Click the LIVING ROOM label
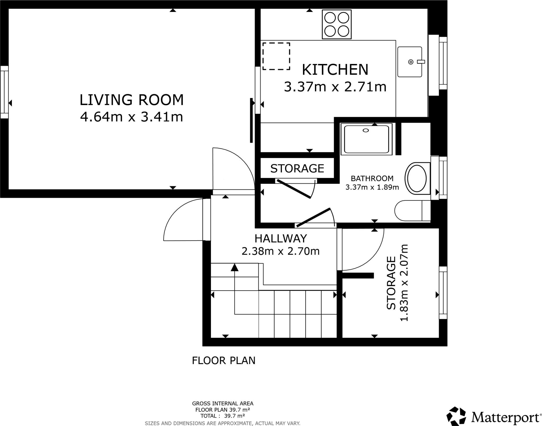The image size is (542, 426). (x=132, y=100)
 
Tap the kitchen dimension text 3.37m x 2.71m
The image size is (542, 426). (x=335, y=87)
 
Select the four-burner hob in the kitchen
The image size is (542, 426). (x=337, y=24)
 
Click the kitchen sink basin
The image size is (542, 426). (x=410, y=62)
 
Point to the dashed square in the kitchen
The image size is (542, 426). (x=276, y=56)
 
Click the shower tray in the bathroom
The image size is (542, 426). (x=366, y=139)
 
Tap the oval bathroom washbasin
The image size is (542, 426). (x=417, y=178)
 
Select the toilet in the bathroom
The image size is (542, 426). (x=412, y=210)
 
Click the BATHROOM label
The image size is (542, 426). (x=372, y=178)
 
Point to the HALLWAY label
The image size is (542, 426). (x=281, y=239)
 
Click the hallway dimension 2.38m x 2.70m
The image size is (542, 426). (x=281, y=251)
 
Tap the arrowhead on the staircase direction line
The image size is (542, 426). (x=234, y=267)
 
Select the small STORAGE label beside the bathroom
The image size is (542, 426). (x=297, y=168)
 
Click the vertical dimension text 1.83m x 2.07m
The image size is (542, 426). (x=404, y=283)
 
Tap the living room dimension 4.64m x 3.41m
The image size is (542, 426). (x=132, y=117)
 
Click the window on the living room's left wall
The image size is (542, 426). (x=4, y=92)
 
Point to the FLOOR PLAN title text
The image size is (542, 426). (x=224, y=361)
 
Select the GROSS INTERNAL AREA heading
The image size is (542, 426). (x=223, y=404)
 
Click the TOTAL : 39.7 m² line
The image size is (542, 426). (x=223, y=416)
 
